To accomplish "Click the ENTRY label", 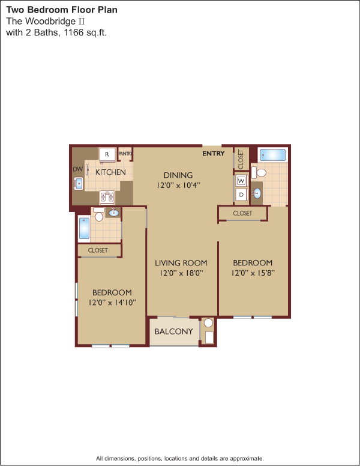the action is (213, 153).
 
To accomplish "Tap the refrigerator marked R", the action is (107, 155).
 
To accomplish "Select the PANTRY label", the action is (125, 154).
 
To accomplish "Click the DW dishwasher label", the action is (78, 169).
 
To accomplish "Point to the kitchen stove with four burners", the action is (107, 197).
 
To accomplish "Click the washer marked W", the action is (241, 180).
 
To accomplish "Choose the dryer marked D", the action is (241, 195).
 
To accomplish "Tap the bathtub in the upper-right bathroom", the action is (272, 155).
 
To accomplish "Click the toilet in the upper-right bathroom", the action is (259, 172).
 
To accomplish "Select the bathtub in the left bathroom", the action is (84, 228).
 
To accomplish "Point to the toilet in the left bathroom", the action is (99, 214).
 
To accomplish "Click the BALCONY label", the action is (174, 331).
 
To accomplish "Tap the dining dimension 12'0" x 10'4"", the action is (178, 186).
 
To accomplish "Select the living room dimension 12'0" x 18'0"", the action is (181, 273).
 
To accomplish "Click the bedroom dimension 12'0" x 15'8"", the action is (253, 273).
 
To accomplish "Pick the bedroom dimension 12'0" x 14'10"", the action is (112, 303).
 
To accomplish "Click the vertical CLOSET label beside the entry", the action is (241, 159).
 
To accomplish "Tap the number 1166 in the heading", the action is (74, 32).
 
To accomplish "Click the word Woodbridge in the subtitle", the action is (51, 21).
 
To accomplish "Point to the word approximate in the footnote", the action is (247, 458).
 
